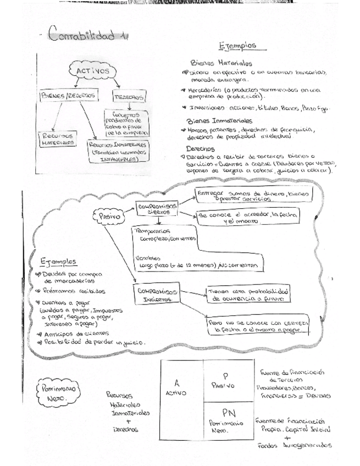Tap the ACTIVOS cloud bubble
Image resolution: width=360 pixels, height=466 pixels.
[x=92, y=71]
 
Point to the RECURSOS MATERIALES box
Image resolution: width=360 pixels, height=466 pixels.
[x=58, y=138]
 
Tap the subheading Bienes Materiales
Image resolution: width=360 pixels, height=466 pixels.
[x=220, y=63]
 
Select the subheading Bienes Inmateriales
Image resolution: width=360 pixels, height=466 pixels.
[x=219, y=120]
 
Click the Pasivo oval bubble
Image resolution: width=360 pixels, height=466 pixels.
[x=109, y=216]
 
